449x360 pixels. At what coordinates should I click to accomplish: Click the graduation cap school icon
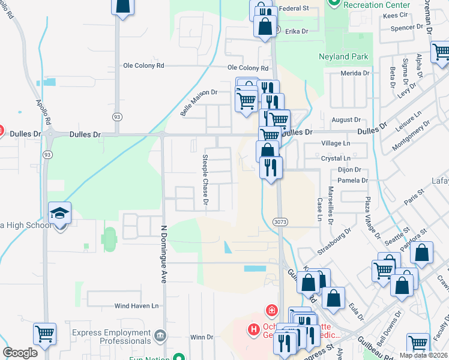60,213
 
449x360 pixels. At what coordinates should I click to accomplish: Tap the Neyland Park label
343,58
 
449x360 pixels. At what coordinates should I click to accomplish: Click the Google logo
20,353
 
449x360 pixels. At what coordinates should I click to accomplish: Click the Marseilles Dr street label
330,204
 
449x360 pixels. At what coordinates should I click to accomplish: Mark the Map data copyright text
423,355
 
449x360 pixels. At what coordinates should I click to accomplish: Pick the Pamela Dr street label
352,180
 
